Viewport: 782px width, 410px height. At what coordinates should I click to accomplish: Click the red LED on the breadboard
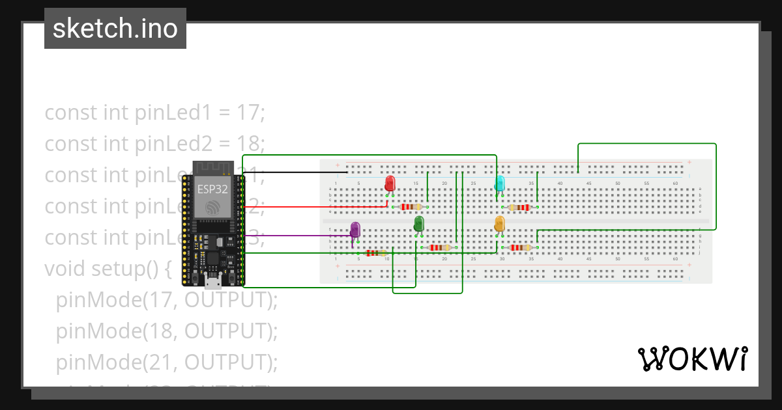[x=390, y=182]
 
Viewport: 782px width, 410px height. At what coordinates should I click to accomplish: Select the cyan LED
[x=500, y=183]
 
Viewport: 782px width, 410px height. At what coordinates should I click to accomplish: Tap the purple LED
[x=355, y=229]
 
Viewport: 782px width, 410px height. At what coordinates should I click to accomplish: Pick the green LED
[x=418, y=224]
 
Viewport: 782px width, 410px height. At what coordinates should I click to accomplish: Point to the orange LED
[x=500, y=224]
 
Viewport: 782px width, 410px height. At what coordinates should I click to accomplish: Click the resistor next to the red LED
[x=411, y=207]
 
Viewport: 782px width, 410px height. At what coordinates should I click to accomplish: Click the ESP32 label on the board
[x=212, y=190]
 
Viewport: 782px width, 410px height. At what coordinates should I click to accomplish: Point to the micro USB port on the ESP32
[x=212, y=282]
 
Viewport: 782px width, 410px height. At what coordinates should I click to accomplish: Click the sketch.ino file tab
[x=115, y=29]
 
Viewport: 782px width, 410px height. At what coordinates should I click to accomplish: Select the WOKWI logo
[x=692, y=359]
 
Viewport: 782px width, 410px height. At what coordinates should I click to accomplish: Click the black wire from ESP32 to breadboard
[x=293, y=172]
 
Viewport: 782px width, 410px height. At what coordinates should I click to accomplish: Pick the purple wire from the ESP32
[x=293, y=236]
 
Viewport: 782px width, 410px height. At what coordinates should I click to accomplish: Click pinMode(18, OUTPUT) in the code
[x=166, y=331]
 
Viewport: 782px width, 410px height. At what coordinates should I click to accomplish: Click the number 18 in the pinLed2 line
[x=251, y=143]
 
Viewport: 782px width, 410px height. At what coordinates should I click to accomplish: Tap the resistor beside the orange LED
[x=520, y=247]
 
